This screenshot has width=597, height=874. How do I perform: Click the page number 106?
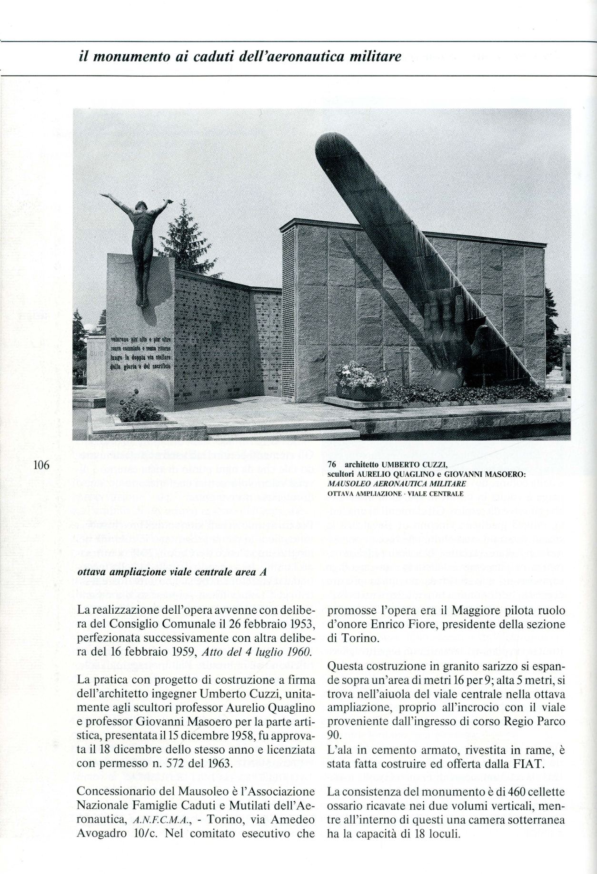pos(41,465)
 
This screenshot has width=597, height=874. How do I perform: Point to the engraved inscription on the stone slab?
pos(141,353)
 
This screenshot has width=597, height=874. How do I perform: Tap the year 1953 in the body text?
pos(298,623)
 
